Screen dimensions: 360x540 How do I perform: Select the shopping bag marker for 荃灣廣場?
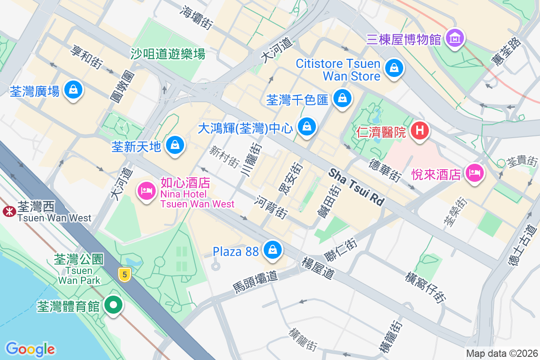click(x=73, y=90)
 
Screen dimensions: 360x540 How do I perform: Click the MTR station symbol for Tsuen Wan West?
click(x=9, y=211)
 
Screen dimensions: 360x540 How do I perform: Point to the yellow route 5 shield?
click(x=125, y=274)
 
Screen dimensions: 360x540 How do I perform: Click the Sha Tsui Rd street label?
click(x=356, y=187)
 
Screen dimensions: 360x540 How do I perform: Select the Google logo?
click(x=30, y=349)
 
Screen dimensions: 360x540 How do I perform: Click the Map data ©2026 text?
click(x=501, y=353)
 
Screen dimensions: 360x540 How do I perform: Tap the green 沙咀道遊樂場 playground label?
click(x=168, y=54)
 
